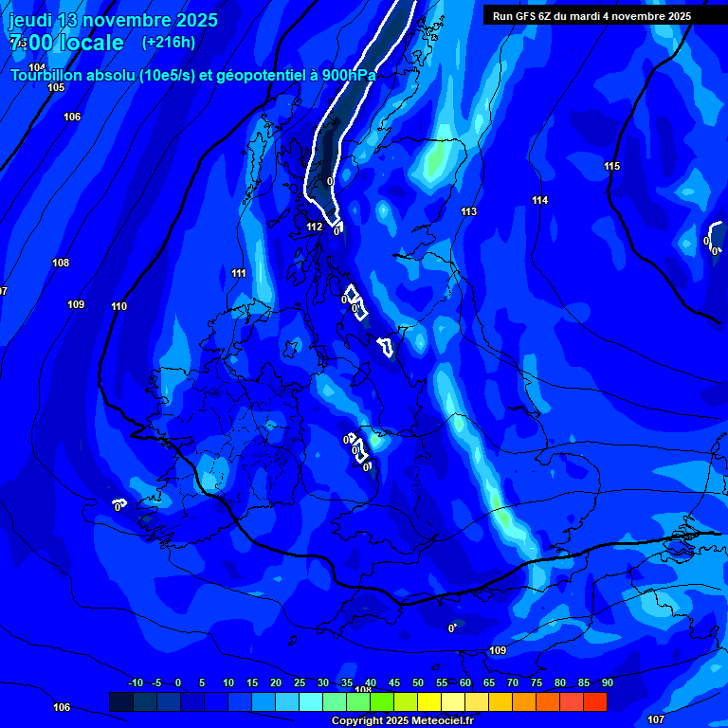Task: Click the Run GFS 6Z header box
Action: click(x=591, y=15)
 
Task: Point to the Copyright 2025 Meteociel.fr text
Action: click(x=402, y=721)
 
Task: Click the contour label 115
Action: click(x=612, y=167)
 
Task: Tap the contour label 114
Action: click(x=540, y=200)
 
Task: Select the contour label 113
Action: click(x=469, y=211)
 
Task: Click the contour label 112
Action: click(x=315, y=227)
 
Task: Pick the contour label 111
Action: click(x=239, y=274)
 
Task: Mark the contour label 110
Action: click(x=118, y=306)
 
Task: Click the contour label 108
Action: click(x=61, y=263)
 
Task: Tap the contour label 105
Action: click(x=56, y=87)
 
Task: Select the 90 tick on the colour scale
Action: click(x=607, y=683)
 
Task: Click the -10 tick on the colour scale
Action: click(x=135, y=683)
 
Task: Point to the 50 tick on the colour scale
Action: click(x=417, y=683)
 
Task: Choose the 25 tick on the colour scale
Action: click(x=299, y=683)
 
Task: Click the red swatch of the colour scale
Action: click(x=594, y=701)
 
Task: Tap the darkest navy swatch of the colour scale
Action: click(x=121, y=701)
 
